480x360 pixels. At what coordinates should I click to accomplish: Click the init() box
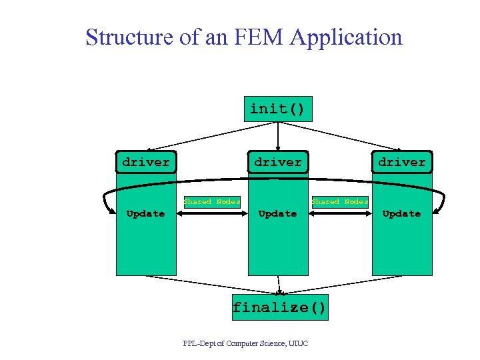(x=277, y=109)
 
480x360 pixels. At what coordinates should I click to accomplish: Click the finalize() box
(x=280, y=307)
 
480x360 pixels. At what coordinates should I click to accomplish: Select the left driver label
(x=146, y=162)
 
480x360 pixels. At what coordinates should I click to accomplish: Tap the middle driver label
(x=278, y=162)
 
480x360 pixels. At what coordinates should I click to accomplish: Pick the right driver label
(x=401, y=162)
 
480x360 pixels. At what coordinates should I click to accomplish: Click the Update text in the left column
(x=145, y=213)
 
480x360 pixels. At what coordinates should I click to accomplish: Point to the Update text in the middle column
(x=277, y=213)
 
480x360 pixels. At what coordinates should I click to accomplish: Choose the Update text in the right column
(x=401, y=213)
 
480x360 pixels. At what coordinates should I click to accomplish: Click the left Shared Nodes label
(x=212, y=201)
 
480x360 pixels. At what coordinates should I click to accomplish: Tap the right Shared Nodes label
(x=340, y=201)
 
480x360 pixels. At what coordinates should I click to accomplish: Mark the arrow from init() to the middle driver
(x=277, y=136)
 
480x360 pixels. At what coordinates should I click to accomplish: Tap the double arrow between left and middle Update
(x=212, y=214)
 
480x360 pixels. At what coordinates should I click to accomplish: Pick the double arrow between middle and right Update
(x=340, y=214)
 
